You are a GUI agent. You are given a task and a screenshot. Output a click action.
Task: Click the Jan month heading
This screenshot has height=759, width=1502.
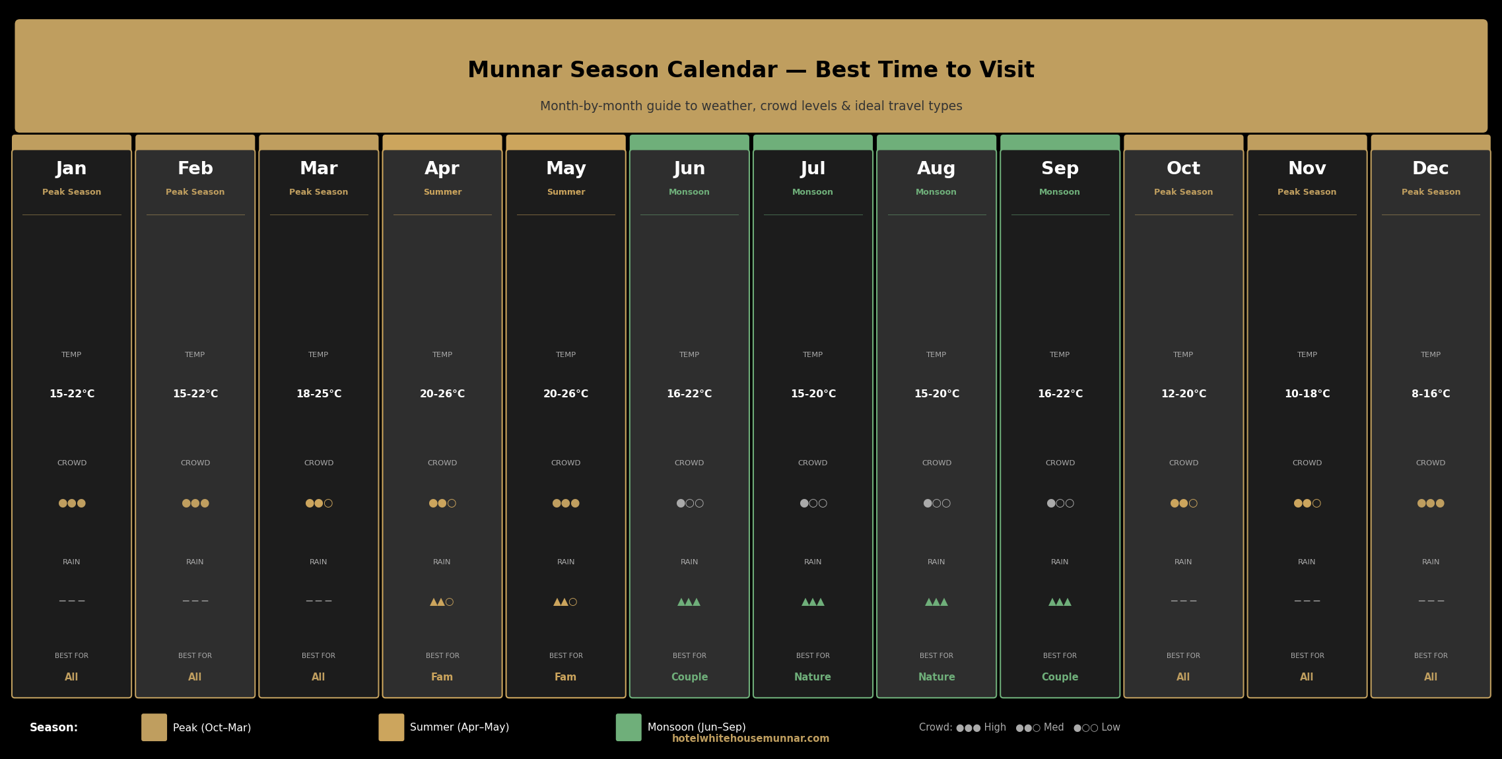point(71,169)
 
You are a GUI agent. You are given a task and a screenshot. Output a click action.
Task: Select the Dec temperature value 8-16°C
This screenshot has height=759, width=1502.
point(1431,394)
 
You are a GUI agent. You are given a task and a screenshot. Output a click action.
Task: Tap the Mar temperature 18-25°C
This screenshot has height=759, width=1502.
point(319,394)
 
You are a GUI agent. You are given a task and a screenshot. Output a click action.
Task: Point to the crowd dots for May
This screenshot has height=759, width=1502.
point(566,504)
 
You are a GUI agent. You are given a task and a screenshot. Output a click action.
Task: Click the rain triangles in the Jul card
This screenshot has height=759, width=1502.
point(813,602)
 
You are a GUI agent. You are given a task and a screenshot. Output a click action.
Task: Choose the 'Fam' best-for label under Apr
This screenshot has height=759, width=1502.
point(442,677)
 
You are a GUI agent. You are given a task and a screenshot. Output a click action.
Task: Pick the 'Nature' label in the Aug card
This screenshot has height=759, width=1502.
point(936,677)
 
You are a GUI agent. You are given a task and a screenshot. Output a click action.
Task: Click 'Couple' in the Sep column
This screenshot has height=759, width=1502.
point(1060,677)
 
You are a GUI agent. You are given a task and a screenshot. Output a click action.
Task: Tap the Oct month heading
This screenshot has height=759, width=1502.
point(1183,169)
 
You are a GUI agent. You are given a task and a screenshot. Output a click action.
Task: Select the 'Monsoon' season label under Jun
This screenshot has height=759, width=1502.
point(689,192)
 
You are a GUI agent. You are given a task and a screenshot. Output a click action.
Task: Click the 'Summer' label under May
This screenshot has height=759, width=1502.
point(566,192)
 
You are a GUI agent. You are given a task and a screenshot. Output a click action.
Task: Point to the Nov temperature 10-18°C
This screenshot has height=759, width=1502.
point(1307,394)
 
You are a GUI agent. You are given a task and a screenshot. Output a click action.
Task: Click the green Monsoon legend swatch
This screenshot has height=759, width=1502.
point(629,727)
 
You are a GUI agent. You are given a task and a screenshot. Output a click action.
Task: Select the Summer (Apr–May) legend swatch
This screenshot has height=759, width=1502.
point(392,727)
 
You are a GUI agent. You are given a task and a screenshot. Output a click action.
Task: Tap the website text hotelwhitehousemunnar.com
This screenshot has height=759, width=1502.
point(751,739)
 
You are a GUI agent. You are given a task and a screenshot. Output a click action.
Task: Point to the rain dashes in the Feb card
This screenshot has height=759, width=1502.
point(195,601)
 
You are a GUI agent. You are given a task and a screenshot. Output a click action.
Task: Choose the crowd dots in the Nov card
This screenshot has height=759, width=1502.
point(1307,504)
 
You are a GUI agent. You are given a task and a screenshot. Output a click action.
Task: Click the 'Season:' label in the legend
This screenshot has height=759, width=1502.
point(53,727)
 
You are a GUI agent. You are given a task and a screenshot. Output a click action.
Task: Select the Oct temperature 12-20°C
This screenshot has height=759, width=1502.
point(1184,394)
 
